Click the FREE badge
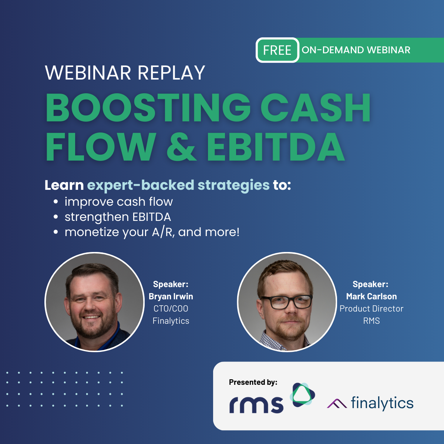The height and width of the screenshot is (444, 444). tap(277, 50)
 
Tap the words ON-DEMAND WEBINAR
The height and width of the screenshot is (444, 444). tap(356, 50)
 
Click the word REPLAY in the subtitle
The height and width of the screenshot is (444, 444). tap(171, 73)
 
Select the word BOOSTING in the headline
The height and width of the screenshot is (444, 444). tap(148, 107)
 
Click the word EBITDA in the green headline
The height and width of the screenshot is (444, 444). tap(276, 147)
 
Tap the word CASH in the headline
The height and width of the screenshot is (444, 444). tap(316, 107)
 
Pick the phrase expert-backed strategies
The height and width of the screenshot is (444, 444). tap(178, 185)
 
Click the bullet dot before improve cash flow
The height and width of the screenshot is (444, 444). tap(55, 202)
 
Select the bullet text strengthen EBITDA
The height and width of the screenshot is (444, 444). tap(118, 217)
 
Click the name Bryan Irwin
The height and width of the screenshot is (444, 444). tap(171, 296)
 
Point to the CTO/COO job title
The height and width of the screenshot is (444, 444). tap(171, 309)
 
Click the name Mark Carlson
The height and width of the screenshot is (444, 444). tap(371, 296)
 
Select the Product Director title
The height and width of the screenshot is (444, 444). tap(371, 309)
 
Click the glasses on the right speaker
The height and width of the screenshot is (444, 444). tap(287, 302)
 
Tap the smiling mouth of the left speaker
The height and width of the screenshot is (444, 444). tap(91, 317)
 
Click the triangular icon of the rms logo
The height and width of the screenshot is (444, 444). tap(302, 395)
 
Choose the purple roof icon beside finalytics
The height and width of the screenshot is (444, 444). tap(337, 403)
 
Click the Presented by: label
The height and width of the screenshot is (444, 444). tap(253, 382)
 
